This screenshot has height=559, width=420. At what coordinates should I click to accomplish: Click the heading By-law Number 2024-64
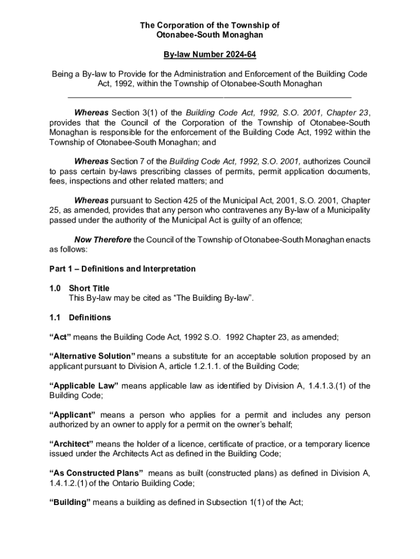tap(210, 55)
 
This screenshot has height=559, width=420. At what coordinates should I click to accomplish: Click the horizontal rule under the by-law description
tap(210, 98)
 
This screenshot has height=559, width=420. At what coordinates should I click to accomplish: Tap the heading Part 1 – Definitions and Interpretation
tap(122, 269)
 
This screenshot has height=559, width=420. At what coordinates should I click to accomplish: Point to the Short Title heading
tap(89, 288)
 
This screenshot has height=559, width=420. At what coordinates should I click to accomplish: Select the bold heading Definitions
tap(90, 317)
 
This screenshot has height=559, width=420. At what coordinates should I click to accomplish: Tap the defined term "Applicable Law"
tap(84, 386)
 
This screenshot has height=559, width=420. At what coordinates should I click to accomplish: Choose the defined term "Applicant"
tap(73, 415)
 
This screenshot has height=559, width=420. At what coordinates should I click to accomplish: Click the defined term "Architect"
tap(71, 444)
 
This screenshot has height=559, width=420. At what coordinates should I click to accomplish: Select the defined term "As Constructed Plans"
tap(97, 473)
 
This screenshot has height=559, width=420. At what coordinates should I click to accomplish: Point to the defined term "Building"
tap(70, 502)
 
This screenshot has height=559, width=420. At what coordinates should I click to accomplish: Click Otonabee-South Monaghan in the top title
tap(210, 35)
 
